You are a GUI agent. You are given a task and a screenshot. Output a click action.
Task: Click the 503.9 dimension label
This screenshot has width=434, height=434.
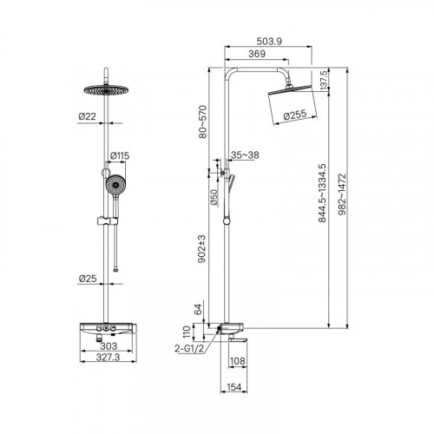(x=269, y=42)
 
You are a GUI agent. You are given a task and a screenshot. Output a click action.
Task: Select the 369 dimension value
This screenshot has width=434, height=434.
(x=257, y=54)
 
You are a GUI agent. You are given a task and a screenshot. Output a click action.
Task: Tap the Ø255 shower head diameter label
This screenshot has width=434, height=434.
(x=295, y=115)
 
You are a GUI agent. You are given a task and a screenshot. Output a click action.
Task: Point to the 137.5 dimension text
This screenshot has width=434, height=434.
(x=324, y=80)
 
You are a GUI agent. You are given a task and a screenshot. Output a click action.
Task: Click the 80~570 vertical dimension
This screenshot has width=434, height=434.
(x=203, y=122)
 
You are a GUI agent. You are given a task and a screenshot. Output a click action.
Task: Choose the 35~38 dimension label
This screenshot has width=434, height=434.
(x=245, y=155)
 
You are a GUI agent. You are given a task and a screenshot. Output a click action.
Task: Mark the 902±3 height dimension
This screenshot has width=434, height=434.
(x=201, y=249)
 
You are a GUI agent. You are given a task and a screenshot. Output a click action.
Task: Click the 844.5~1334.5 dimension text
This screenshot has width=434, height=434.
(x=322, y=193)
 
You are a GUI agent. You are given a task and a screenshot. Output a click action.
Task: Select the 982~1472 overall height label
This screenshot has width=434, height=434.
(x=342, y=194)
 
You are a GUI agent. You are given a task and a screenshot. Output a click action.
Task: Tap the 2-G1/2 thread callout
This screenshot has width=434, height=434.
(x=189, y=349)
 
